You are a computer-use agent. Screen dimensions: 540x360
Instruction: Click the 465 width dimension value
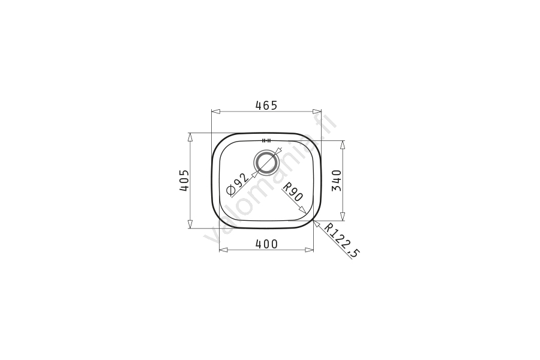[x=266, y=106]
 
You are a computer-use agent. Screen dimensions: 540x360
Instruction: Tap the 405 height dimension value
[x=184, y=180]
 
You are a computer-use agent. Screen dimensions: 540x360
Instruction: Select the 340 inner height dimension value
[x=336, y=181]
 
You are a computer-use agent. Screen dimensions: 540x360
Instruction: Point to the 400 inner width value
[x=266, y=244]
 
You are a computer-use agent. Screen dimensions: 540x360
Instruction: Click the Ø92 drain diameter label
[x=237, y=184]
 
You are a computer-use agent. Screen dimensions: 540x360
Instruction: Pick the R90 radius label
[x=292, y=192]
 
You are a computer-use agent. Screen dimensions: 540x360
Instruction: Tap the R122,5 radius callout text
[x=341, y=241]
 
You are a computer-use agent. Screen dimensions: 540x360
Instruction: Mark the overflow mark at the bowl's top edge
[x=266, y=140]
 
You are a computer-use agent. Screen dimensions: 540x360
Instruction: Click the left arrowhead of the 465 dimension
[x=215, y=111]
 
